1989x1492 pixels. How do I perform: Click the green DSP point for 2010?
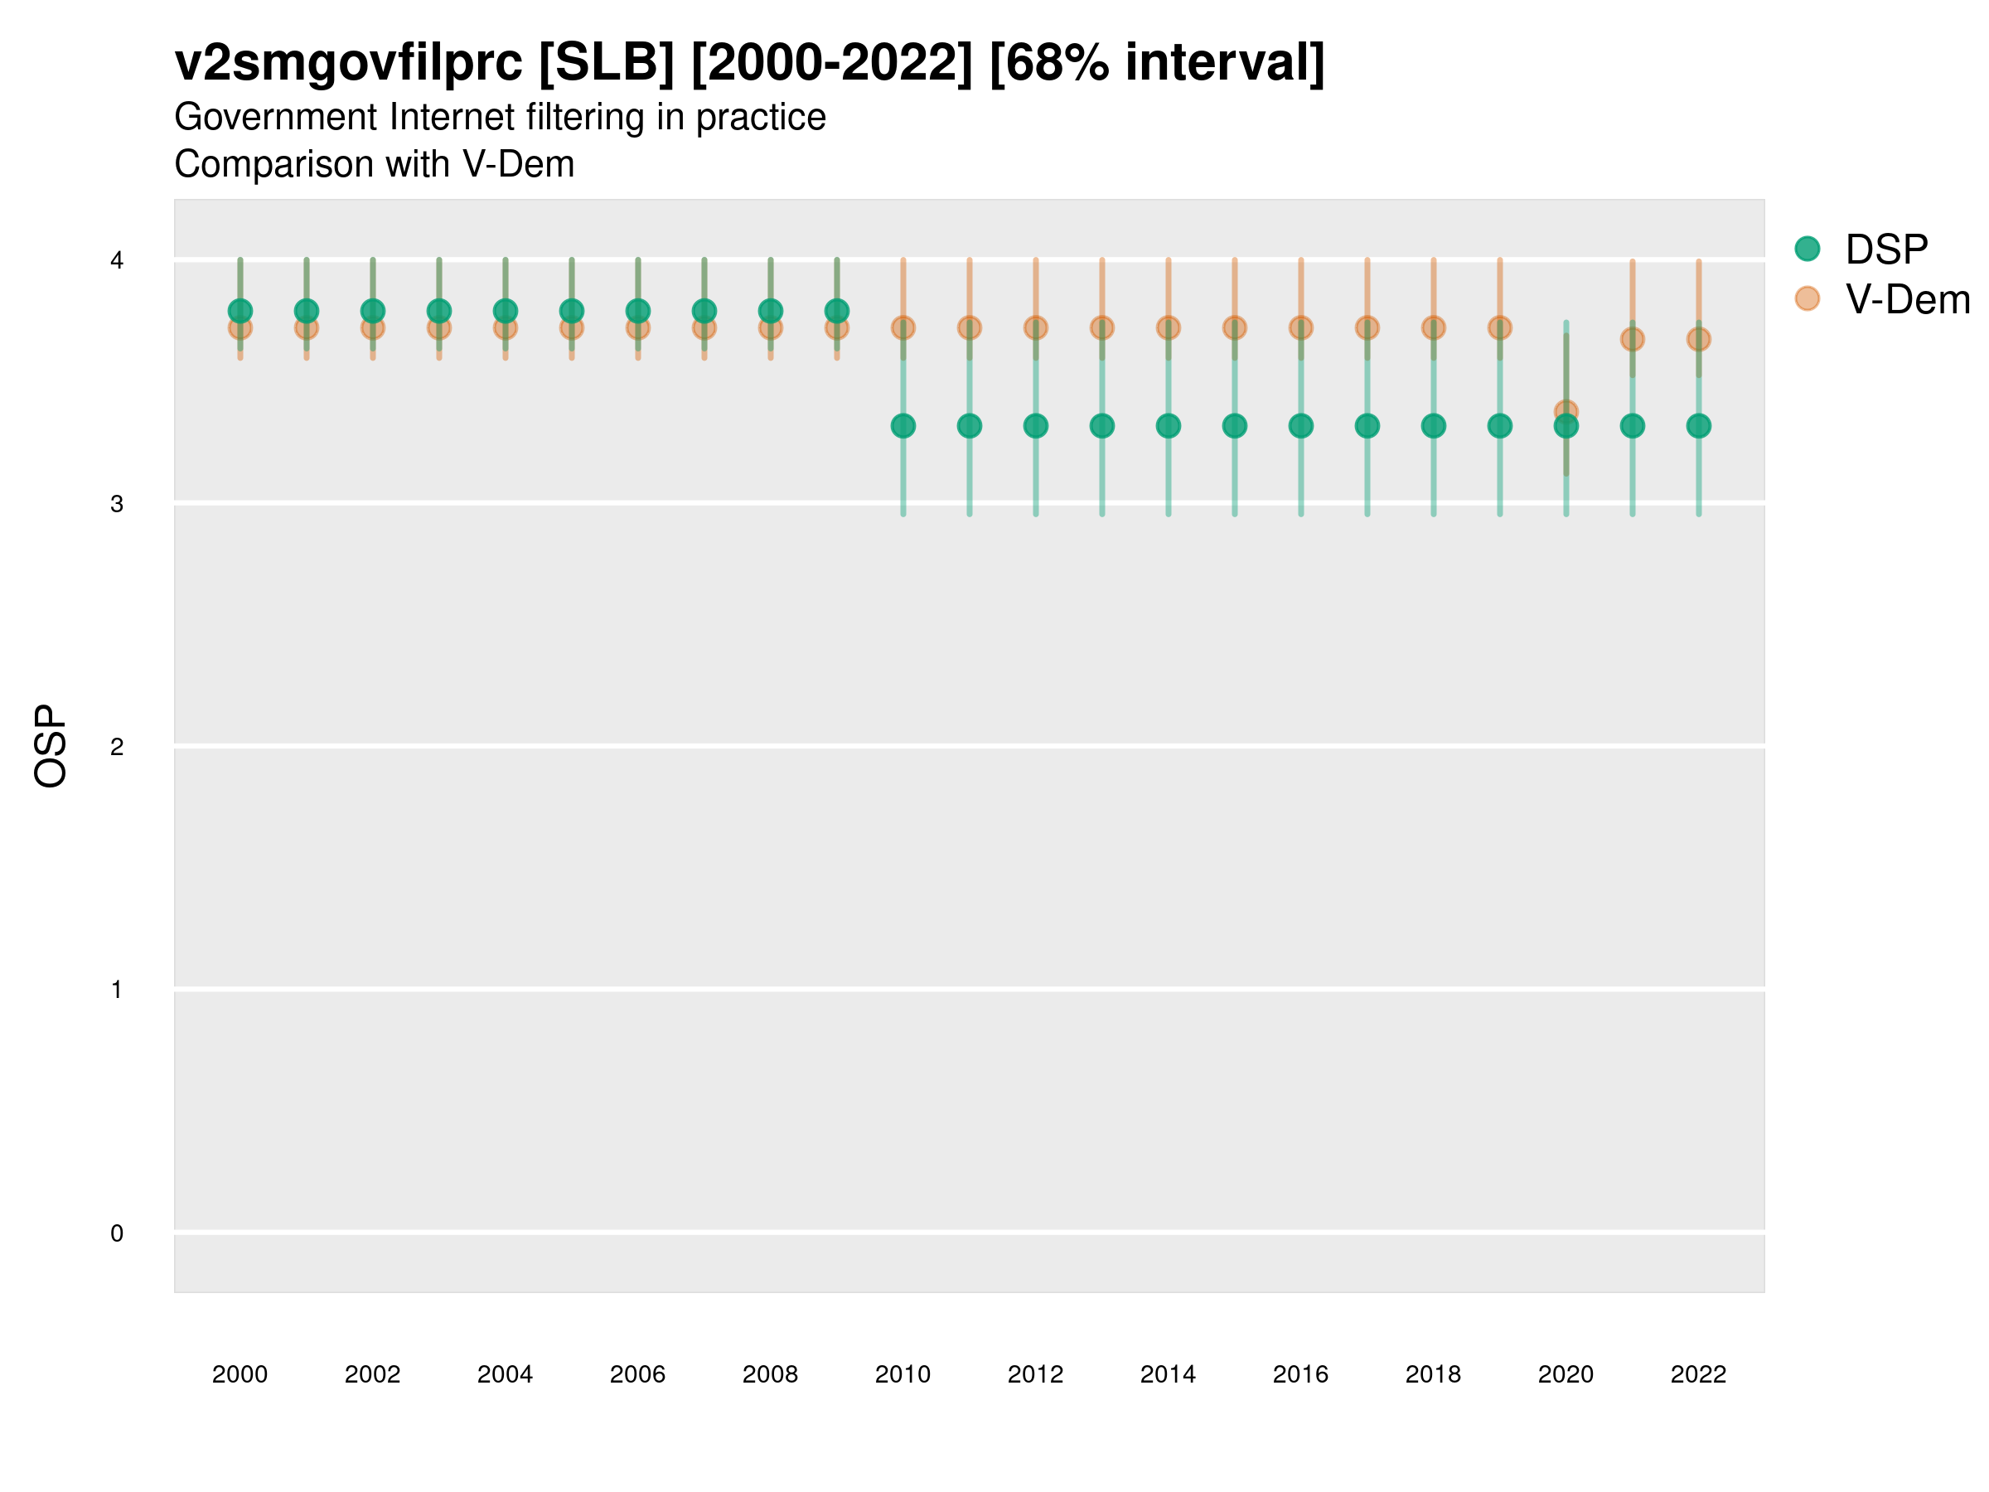[903, 425]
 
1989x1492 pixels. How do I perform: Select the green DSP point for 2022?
[1699, 425]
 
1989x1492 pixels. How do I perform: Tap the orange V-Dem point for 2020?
[1566, 411]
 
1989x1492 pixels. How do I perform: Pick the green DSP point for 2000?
[240, 311]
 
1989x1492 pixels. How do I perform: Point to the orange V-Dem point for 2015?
[1235, 328]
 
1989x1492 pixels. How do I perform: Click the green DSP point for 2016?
[1301, 425]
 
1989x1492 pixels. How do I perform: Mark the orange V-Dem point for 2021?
[1632, 339]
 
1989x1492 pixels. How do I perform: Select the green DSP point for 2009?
[836, 311]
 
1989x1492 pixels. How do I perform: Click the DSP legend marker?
[1807, 249]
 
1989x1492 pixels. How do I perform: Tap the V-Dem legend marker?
[1807, 298]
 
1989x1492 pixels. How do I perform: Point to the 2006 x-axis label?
[637, 1374]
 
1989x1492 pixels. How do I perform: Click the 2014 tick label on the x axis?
[1168, 1374]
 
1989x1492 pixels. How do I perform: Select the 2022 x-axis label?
[1699, 1374]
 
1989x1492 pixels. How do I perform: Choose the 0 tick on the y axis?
[117, 1233]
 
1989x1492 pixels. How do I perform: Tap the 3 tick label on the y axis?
[117, 504]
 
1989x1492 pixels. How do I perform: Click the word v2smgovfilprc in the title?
[348, 63]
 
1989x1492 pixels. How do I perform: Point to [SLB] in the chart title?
[606, 63]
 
